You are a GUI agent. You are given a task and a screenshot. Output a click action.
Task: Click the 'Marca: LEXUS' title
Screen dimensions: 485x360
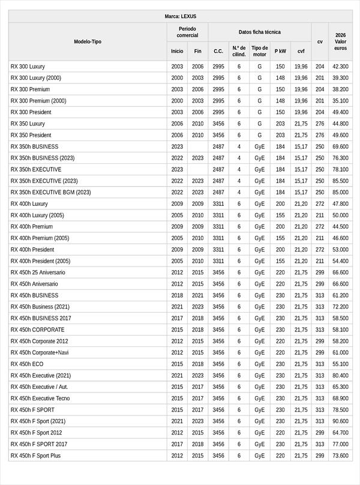point(180,16)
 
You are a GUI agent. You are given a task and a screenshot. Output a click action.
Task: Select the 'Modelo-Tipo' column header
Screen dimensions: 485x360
point(88,41)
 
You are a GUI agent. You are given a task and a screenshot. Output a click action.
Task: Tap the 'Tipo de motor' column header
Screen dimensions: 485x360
point(259,51)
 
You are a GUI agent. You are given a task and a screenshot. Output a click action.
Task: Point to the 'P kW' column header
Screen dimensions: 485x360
point(280,51)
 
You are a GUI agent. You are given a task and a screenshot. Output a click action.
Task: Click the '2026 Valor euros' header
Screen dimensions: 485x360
point(340,41)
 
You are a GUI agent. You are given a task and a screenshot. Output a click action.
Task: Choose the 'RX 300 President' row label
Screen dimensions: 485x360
point(31,112)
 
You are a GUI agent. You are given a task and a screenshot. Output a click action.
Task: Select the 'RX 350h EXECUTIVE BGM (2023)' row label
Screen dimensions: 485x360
point(50,192)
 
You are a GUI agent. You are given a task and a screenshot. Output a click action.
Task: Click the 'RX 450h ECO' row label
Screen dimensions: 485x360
point(27,364)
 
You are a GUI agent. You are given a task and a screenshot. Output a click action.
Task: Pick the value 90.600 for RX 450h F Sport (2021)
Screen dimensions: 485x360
point(340,421)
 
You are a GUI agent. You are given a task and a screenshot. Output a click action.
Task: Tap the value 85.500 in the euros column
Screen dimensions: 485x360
point(340,181)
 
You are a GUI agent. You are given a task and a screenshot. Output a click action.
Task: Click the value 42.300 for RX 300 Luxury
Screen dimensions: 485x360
point(340,67)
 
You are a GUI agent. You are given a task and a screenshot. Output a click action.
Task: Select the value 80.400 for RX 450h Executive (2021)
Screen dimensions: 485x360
point(340,375)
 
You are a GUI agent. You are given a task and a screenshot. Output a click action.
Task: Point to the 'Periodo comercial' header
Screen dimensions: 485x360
point(187,32)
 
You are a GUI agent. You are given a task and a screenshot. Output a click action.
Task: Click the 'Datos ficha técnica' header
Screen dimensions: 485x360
point(259,32)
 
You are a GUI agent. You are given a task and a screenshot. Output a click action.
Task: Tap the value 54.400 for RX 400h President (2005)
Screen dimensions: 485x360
point(340,261)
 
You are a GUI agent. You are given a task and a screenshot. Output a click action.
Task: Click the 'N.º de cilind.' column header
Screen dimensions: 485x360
point(239,51)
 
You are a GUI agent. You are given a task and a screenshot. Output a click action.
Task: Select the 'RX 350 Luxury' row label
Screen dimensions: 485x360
point(28,124)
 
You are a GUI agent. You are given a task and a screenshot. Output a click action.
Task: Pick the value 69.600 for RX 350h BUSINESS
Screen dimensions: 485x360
point(340,146)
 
